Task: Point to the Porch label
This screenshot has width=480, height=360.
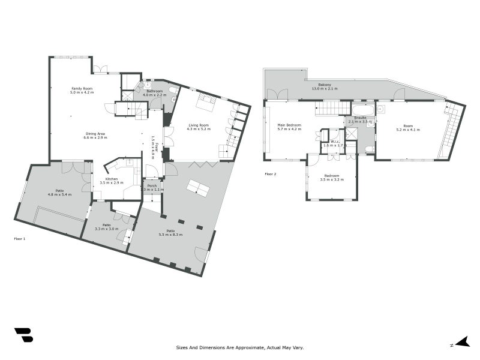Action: (152, 185)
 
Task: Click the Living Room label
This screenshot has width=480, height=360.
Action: (199, 125)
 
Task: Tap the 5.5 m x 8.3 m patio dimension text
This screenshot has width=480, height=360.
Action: (171, 235)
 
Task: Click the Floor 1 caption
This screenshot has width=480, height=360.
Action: (20, 239)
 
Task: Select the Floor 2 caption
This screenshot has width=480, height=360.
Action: (271, 174)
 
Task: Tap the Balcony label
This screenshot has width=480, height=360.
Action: (325, 85)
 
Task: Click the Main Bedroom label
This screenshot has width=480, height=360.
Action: (289, 125)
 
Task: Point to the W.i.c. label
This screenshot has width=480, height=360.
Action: (335, 142)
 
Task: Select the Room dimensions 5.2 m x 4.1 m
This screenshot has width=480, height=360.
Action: (408, 130)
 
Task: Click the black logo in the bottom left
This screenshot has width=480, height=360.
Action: (23, 335)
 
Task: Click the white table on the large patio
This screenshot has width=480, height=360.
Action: (198, 188)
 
